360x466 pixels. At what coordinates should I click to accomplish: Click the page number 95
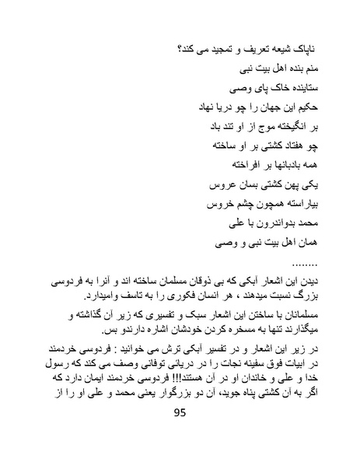(x=180, y=435)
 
